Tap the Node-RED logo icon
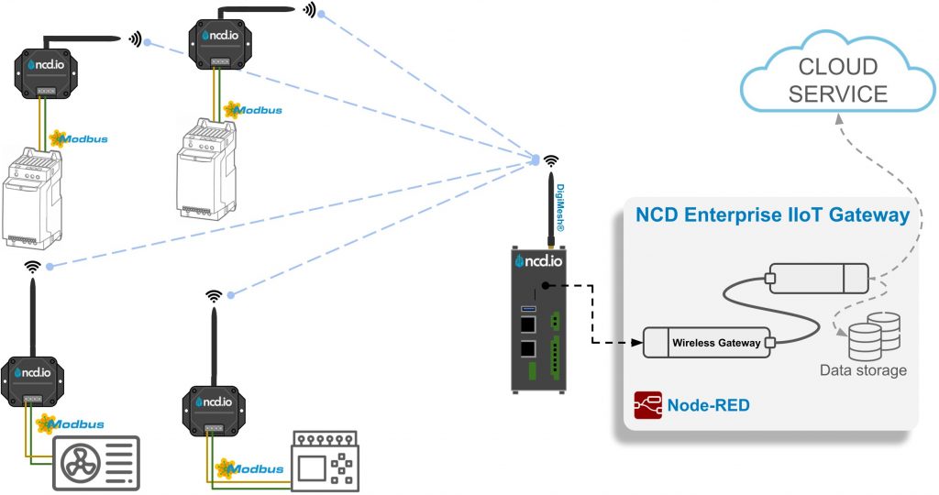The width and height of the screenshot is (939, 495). point(646,405)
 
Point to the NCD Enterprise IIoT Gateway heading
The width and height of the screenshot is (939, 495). point(772,215)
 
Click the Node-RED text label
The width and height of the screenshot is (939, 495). point(703,405)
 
